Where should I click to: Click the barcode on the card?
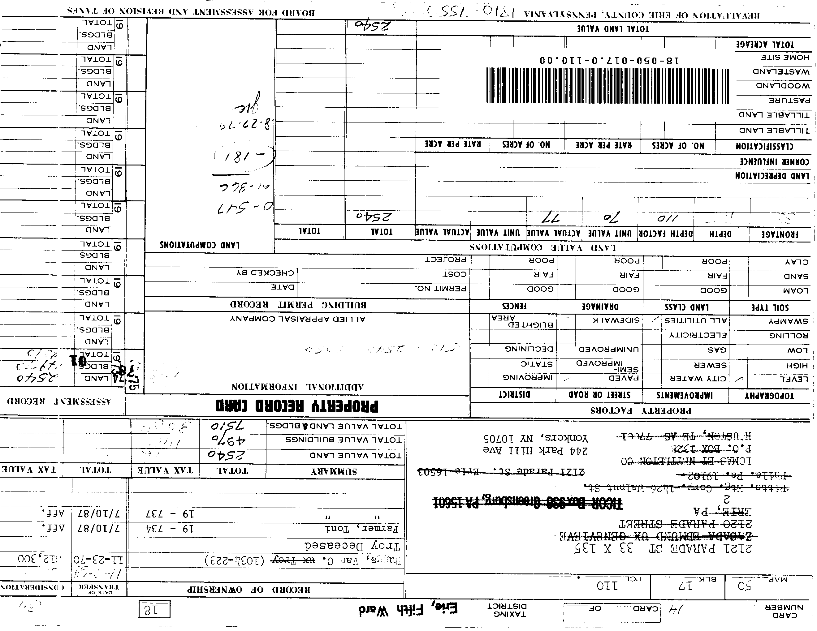click(607, 86)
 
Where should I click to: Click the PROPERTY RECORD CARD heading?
click(297, 406)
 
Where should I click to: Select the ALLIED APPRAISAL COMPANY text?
click(298, 319)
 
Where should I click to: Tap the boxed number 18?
click(154, 611)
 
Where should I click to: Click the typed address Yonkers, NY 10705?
click(536, 438)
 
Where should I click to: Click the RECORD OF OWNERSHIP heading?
click(249, 590)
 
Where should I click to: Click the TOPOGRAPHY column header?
click(769, 396)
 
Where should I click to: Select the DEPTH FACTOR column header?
click(665, 234)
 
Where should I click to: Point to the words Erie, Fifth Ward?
click(408, 610)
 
